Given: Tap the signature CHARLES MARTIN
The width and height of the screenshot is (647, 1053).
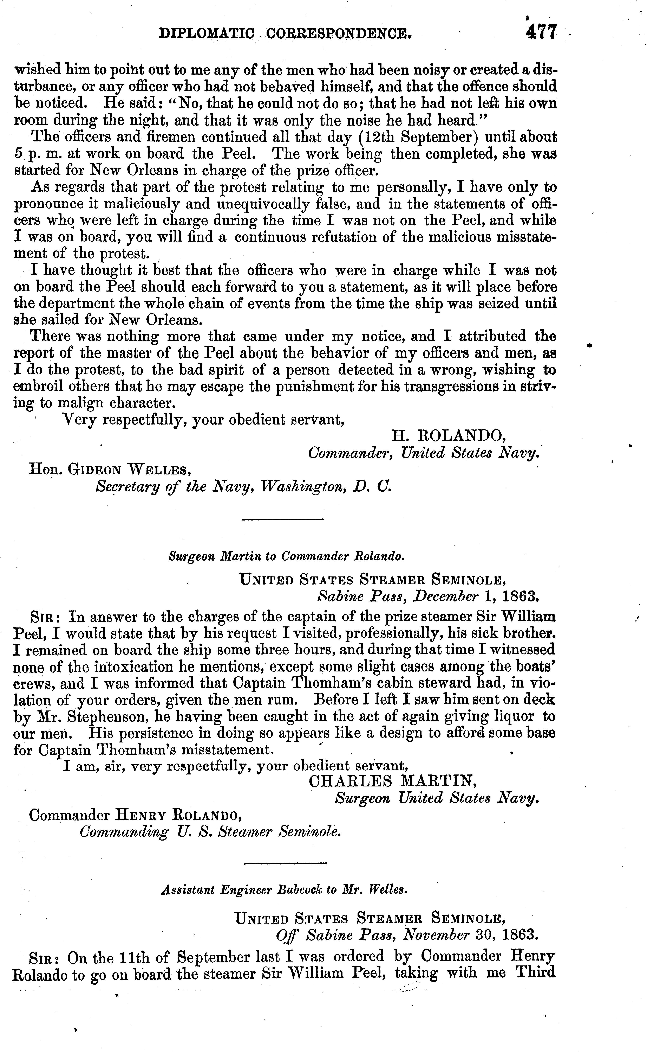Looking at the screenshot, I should coord(392,781).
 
